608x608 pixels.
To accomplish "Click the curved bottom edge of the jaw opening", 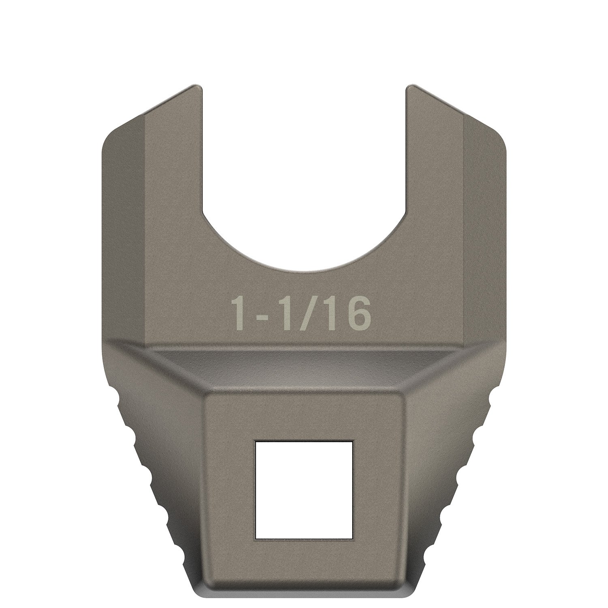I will coord(304,267).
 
